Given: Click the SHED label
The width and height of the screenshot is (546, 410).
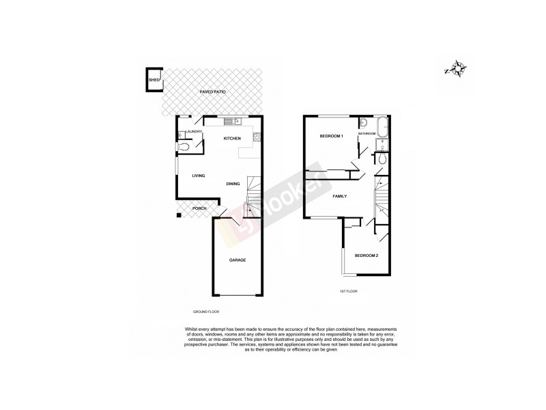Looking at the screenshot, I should click(x=154, y=81).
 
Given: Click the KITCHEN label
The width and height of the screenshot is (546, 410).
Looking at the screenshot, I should click(x=233, y=139).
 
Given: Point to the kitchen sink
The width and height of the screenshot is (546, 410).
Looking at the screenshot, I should click(x=230, y=122).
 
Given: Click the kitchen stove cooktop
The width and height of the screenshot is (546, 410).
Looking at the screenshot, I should click(x=257, y=139).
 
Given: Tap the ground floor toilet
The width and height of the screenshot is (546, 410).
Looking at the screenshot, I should click(x=183, y=146).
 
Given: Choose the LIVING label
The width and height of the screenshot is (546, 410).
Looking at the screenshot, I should click(x=199, y=176).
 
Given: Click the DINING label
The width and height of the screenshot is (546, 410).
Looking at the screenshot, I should click(x=233, y=183).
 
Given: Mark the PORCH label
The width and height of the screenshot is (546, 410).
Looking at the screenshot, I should click(x=199, y=208).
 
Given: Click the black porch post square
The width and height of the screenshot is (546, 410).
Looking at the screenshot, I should click(x=179, y=216).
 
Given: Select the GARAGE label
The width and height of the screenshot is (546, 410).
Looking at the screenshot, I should click(x=237, y=260).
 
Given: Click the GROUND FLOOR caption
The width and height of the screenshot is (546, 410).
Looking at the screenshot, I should click(x=205, y=312).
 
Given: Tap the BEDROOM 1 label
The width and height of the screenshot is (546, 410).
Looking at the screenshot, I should click(x=331, y=137).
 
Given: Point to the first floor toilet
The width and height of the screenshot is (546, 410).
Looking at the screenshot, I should click(x=383, y=159).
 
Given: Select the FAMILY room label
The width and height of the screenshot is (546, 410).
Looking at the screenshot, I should click(x=339, y=196).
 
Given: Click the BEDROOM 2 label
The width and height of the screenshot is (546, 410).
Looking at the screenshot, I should click(x=366, y=256).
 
